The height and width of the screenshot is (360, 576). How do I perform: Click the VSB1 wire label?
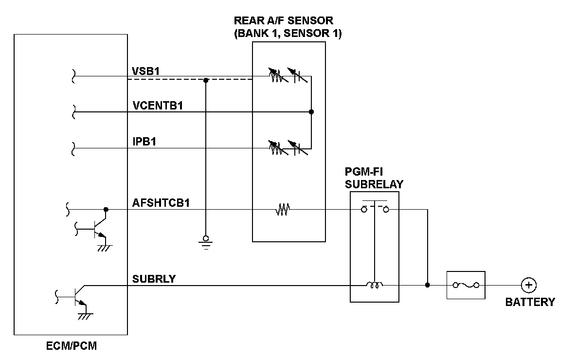click(146, 71)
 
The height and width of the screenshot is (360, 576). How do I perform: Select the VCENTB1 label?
click(157, 106)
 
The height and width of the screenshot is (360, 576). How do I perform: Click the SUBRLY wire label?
click(154, 279)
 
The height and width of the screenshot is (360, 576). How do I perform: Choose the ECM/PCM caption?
click(71, 347)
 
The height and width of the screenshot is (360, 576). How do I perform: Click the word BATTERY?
click(530, 302)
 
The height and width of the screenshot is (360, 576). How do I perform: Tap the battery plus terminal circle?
click(528, 285)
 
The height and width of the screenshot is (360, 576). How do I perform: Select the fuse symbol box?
click(466, 285)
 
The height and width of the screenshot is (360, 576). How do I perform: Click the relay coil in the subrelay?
click(375, 285)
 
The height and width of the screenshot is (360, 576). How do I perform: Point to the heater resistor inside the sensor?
click(283, 210)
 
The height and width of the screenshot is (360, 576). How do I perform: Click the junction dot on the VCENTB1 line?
click(311, 112)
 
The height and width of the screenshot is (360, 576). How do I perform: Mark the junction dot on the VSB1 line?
click(206, 80)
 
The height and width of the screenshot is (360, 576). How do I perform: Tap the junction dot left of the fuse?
click(427, 285)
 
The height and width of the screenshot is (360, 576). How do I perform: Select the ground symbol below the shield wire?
click(206, 242)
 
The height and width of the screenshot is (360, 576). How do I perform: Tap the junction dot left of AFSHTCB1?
click(106, 210)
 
